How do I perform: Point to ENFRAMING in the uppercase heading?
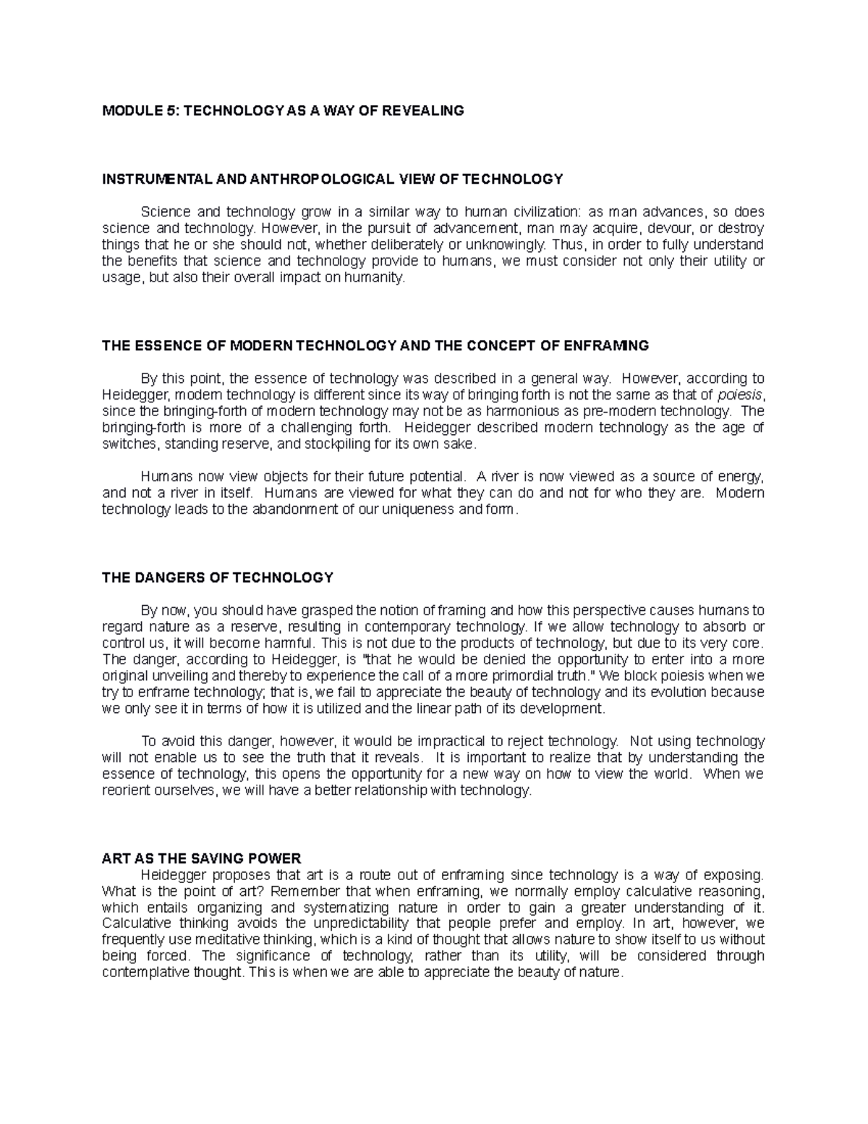click(612, 346)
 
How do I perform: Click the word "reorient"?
click(126, 790)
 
